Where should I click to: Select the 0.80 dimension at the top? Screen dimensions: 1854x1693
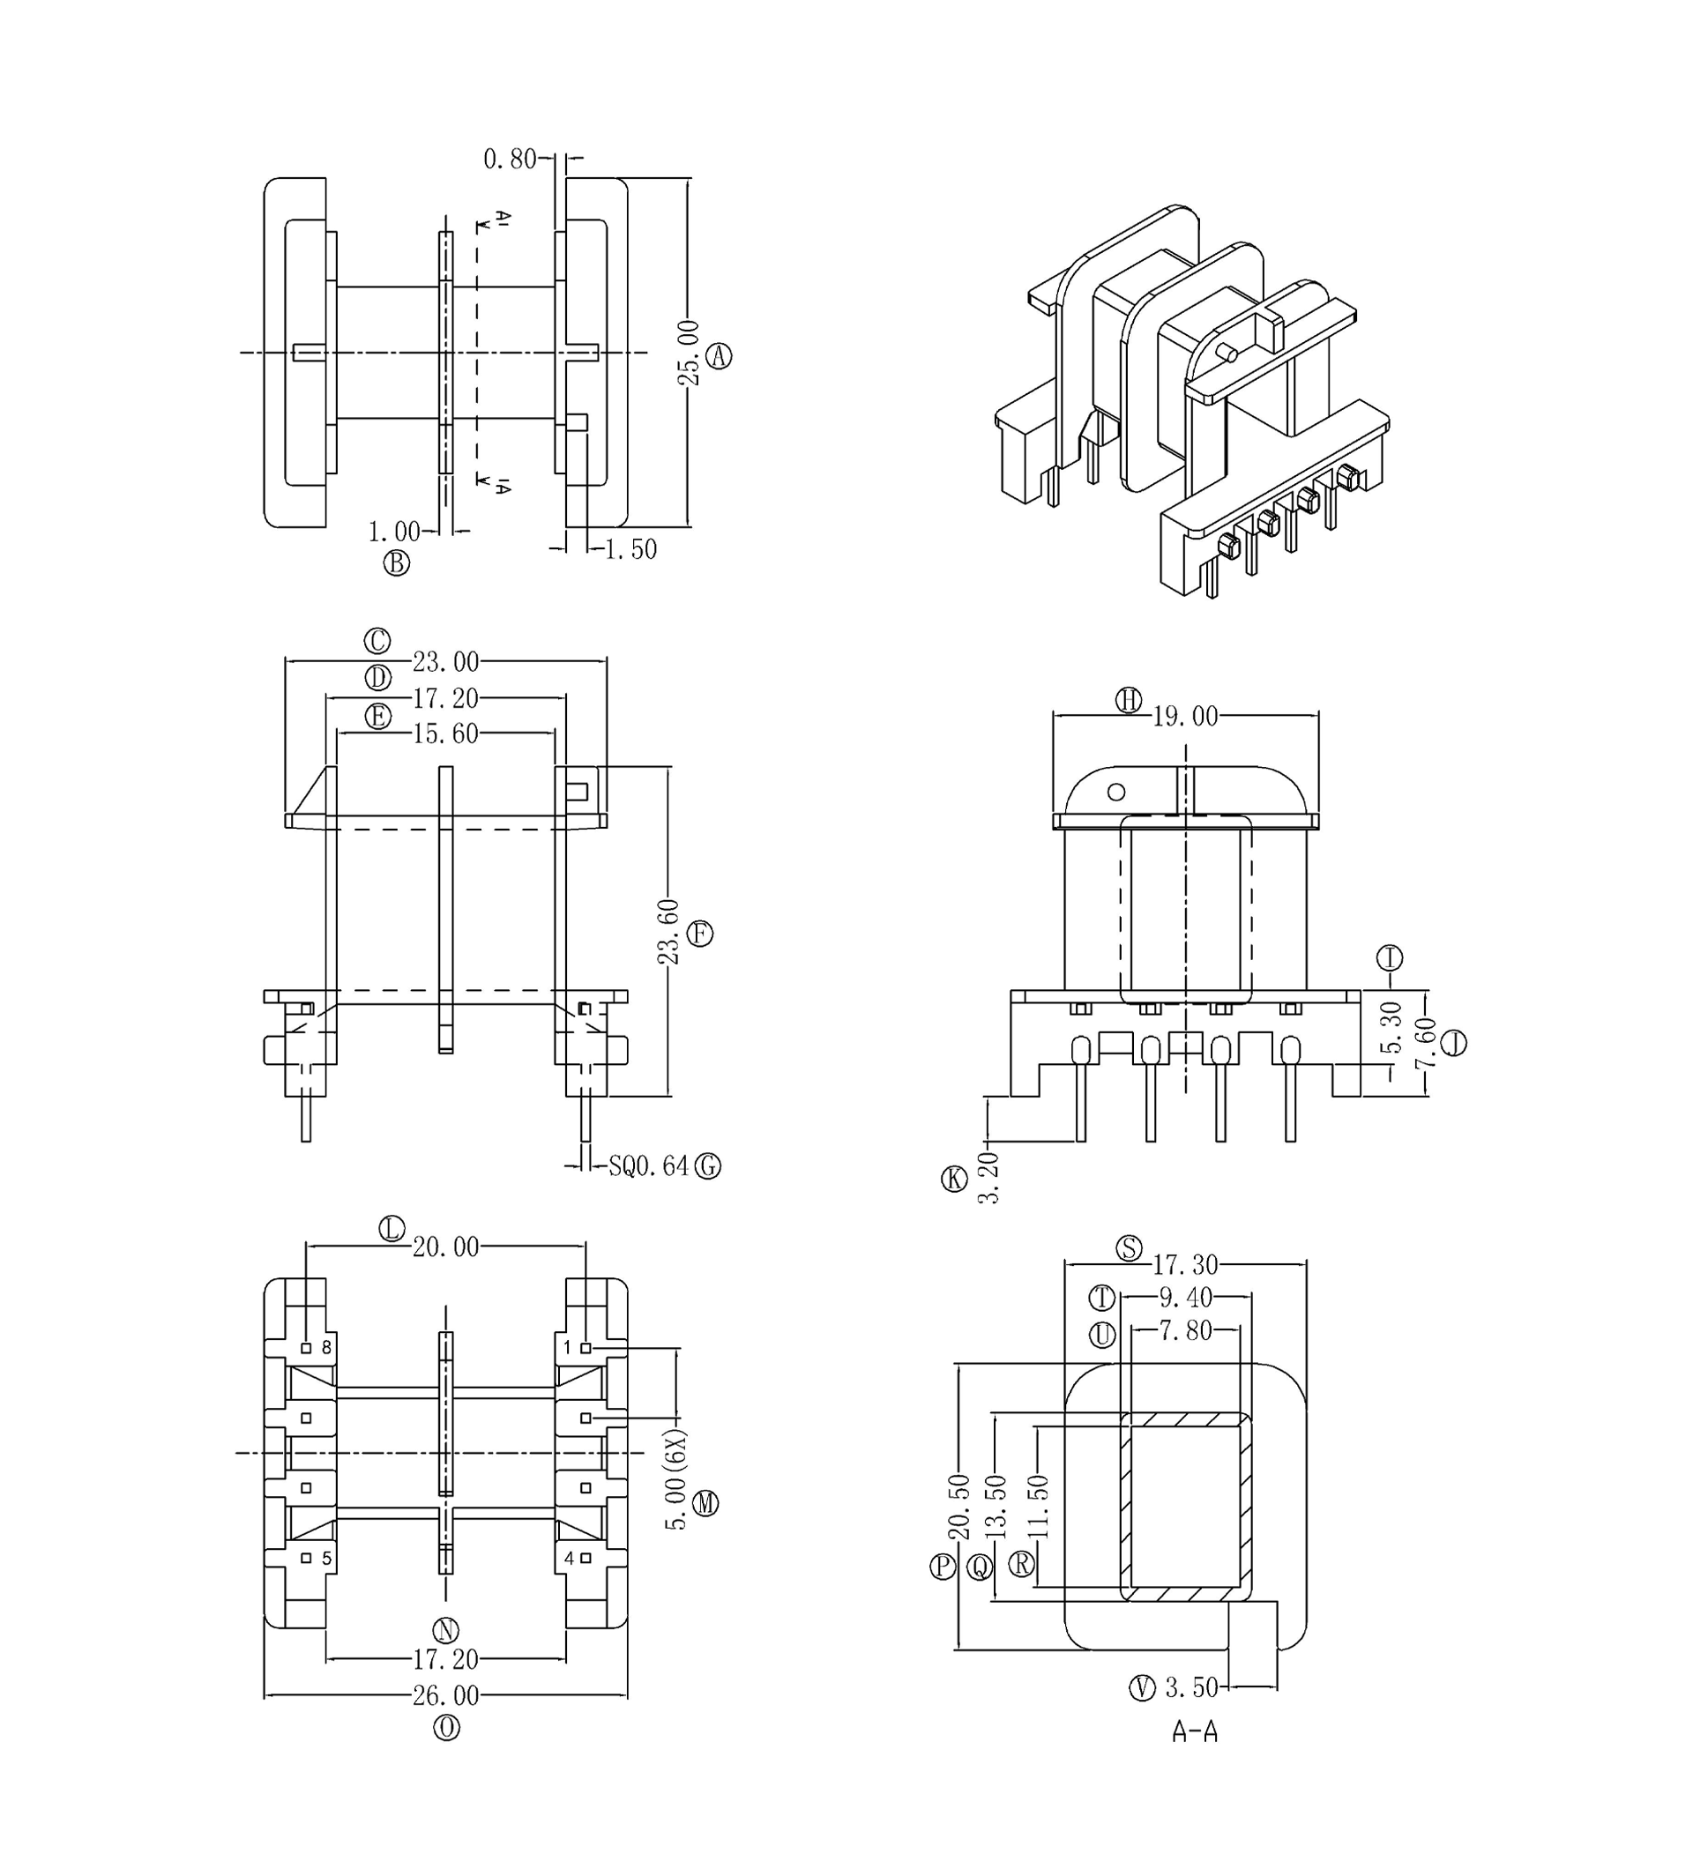[510, 159]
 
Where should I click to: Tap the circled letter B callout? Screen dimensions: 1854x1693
[396, 562]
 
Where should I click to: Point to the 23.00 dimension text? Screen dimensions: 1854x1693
[445, 661]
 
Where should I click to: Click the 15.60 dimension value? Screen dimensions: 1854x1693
[445, 733]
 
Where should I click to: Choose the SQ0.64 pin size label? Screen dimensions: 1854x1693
[648, 1166]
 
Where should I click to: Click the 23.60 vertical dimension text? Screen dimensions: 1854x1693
[668, 932]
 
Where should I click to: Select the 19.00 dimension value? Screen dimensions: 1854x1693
[1185, 717]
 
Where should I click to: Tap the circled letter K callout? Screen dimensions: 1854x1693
[955, 1179]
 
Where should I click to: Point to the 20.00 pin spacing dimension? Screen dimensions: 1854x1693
[445, 1247]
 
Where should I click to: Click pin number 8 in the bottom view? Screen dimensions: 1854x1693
[325, 1348]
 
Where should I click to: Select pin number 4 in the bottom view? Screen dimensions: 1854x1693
[570, 1558]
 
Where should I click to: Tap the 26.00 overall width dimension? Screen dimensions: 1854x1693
[445, 1695]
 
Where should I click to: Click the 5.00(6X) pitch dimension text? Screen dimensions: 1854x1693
[677, 1478]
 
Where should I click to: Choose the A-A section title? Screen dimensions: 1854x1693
[1195, 1731]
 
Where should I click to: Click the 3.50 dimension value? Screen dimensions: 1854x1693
[1191, 1687]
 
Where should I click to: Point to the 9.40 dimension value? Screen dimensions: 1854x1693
[1185, 1298]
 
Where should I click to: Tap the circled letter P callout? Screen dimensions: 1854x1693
[943, 1566]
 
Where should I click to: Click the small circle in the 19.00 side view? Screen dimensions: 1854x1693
[1116, 792]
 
